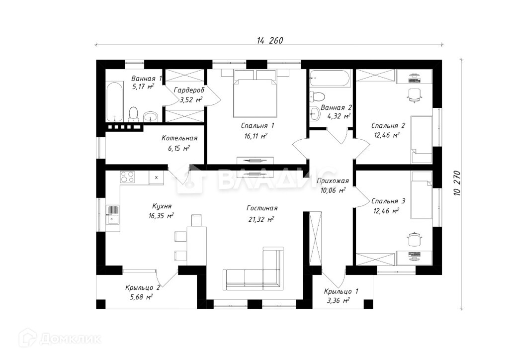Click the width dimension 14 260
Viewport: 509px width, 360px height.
270,40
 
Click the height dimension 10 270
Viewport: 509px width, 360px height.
457,183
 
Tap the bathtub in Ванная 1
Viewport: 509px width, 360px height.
115,102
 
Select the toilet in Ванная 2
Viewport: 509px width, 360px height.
317,96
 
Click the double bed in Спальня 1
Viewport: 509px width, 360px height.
255,97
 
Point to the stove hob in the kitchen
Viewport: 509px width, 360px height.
127,177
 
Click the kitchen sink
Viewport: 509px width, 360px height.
113,215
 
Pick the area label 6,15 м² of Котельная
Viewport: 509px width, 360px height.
179,148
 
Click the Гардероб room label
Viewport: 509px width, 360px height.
189,90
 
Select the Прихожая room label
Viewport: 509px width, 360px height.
333,181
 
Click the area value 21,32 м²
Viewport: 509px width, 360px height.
261,219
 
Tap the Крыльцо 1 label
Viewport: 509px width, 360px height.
341,291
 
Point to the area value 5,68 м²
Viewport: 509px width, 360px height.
141,297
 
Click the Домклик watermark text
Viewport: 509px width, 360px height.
70,339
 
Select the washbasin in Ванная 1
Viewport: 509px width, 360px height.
150,116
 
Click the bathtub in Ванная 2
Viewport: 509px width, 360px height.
330,78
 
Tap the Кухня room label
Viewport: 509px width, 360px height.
162,206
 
